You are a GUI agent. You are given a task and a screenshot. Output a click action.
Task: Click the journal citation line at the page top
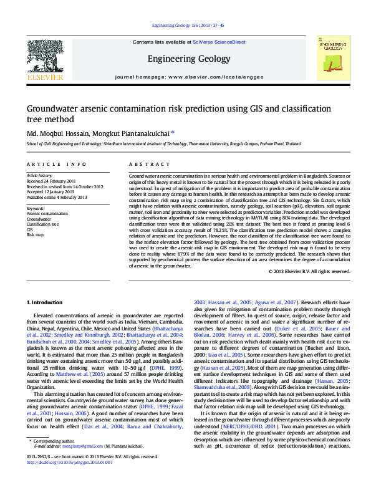coord(185,26)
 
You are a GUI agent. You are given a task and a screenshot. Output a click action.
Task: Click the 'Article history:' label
coord(39,176)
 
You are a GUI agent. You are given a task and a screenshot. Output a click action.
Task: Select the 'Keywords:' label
coord(36,208)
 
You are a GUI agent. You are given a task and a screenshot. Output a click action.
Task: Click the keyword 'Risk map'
coord(35,234)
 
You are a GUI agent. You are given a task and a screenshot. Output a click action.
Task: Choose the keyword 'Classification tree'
coord(43,224)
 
